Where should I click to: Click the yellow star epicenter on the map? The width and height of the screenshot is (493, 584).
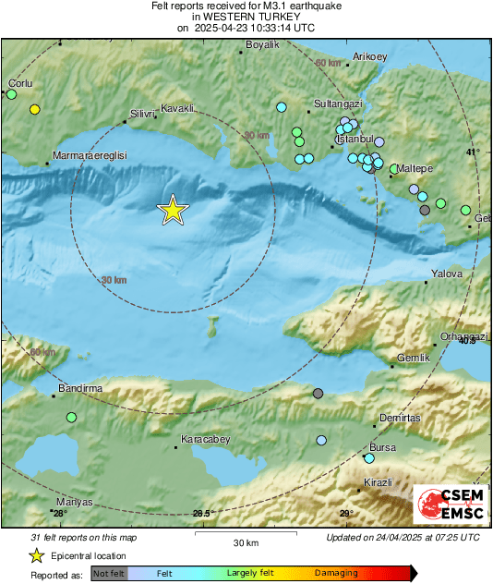point(173,211)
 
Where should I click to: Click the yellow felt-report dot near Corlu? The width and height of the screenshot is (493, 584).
point(35,110)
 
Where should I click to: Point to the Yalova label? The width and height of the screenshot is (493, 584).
point(447,274)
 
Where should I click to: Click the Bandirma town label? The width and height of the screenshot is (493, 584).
point(80,388)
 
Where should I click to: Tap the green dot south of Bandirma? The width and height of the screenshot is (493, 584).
point(71,418)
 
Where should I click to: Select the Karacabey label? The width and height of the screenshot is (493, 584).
point(205,439)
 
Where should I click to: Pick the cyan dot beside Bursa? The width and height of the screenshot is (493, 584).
point(369,457)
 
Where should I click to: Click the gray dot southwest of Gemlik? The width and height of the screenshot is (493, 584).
point(318,394)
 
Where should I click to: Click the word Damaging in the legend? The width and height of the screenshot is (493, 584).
point(336,573)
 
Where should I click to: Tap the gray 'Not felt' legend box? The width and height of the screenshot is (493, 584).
point(109,574)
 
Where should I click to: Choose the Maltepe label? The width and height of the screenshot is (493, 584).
point(415,168)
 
